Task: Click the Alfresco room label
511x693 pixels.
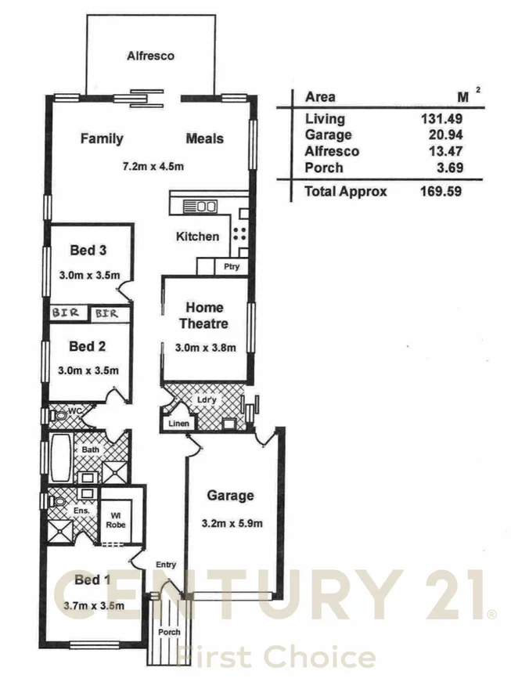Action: tap(150, 56)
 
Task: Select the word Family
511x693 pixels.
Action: tap(102, 139)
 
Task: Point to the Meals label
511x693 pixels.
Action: tap(204, 139)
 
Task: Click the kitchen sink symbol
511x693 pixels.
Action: tap(200, 207)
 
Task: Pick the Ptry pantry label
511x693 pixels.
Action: tap(231, 267)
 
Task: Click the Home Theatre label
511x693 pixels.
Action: tap(204, 316)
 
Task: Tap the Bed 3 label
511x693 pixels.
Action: tap(88, 251)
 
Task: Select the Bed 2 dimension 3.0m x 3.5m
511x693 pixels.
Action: tap(88, 370)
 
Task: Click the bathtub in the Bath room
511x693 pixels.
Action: tap(59, 459)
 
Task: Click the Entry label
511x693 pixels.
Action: tap(165, 565)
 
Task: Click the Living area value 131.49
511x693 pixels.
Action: tap(442, 119)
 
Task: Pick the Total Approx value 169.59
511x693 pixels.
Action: tap(442, 190)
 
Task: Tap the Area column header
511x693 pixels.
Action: tap(320, 97)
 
